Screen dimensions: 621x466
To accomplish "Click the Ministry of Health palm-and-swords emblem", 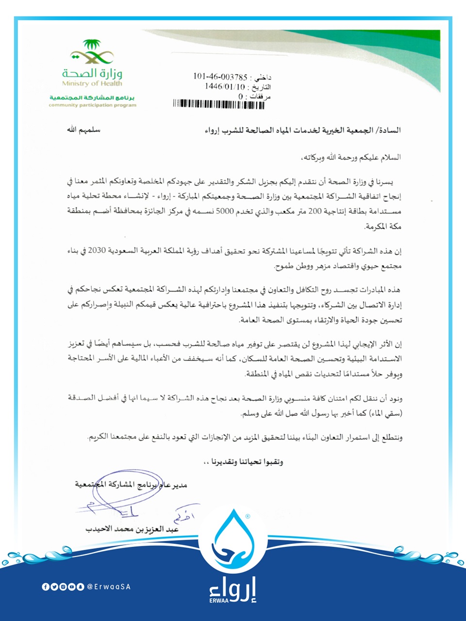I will tap(92, 52).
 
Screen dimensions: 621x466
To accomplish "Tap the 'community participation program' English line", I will tap(92, 105).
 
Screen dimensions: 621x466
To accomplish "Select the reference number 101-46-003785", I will tap(220, 77).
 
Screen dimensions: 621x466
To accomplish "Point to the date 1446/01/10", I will tap(225, 86).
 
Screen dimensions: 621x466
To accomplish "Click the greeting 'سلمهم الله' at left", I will tap(83, 130).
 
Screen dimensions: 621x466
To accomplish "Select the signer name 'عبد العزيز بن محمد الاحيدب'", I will tap(133, 529).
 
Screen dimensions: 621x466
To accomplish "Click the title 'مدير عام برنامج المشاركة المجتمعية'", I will tap(131, 484).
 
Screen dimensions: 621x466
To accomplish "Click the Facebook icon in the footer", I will tap(46, 587).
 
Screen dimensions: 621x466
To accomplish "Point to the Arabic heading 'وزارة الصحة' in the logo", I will tap(92, 74).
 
